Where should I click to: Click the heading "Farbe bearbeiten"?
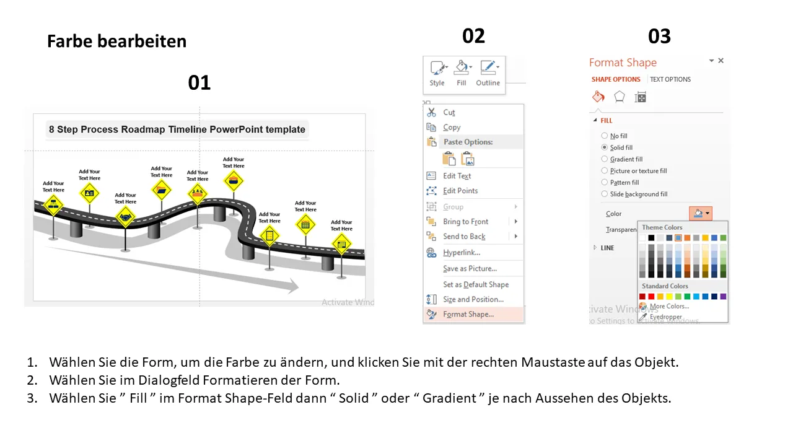pos(116,42)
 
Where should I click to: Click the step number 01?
pos(199,82)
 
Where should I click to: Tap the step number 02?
pos(473,36)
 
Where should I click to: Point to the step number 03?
pos(659,36)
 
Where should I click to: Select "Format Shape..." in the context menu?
pos(468,314)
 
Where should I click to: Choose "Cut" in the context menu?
pos(449,112)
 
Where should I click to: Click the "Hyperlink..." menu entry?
pos(461,252)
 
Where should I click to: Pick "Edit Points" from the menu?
pos(460,191)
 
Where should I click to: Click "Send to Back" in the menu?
pos(464,237)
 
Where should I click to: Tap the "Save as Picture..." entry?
pos(470,268)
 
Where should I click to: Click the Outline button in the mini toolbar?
pos(488,73)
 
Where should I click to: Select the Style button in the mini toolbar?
pos(437,73)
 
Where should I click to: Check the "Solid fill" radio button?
pos(605,148)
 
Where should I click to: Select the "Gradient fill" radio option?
pos(605,159)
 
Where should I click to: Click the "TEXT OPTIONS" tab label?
pos(670,79)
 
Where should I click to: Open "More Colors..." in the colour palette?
pos(668,306)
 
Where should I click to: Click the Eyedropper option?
pos(665,317)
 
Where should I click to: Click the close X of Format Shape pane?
pos(721,61)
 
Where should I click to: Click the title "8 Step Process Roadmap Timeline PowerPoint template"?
pos(177,129)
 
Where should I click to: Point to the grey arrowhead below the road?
pos(291,286)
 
